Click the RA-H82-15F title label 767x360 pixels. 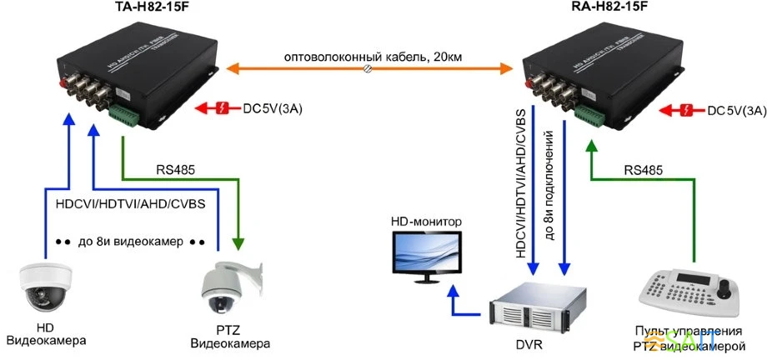tap(609, 8)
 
